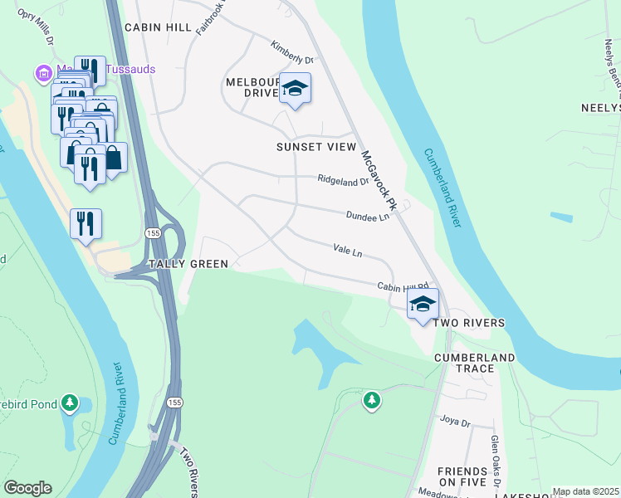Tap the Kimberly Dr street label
[292, 53]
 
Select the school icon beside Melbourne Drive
[294, 88]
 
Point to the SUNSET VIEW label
[315, 147]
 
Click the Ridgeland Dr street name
[342, 179]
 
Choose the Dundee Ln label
[368, 216]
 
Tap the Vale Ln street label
[348, 250]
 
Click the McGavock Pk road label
[379, 178]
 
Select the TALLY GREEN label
[188, 264]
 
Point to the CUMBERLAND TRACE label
[475, 364]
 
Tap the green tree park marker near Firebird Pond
[71, 404]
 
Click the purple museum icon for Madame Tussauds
[43, 73]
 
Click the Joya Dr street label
[455, 422]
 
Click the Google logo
[27, 488]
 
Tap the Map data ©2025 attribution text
[585, 491]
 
